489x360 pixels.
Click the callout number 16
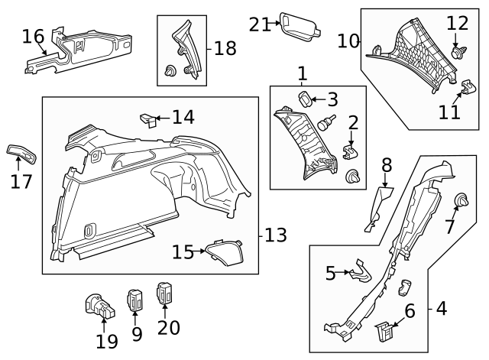click(x=33, y=36)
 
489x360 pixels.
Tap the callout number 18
click(x=225, y=48)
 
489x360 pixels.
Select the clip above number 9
click(x=136, y=300)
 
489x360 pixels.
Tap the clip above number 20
click(x=165, y=294)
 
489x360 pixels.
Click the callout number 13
click(x=274, y=235)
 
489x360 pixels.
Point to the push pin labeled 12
click(x=458, y=53)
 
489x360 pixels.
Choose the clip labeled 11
click(x=464, y=89)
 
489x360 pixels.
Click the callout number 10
click(x=348, y=40)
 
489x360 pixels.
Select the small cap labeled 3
click(x=304, y=99)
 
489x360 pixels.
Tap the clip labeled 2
click(x=351, y=151)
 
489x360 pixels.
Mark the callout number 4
click(x=441, y=309)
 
